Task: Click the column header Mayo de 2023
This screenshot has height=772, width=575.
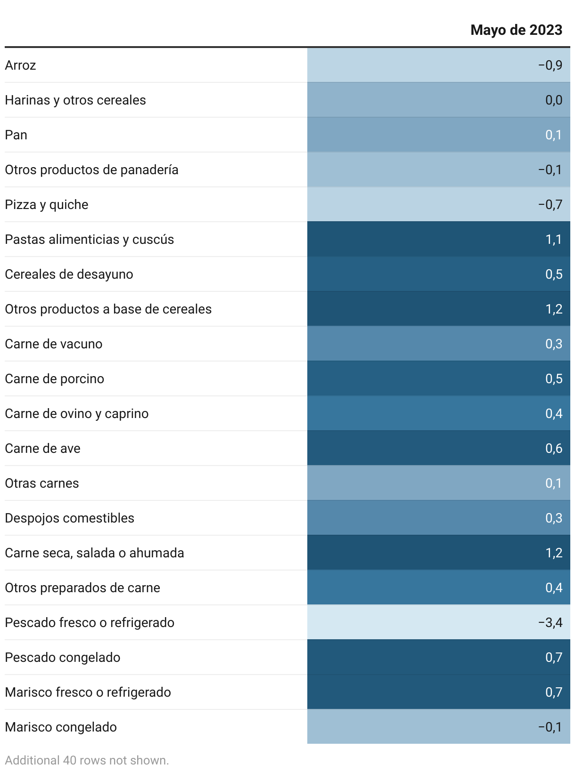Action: pyautogui.click(x=516, y=30)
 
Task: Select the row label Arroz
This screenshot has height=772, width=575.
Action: pyautogui.click(x=21, y=65)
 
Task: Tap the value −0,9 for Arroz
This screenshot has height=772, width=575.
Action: pyautogui.click(x=550, y=65)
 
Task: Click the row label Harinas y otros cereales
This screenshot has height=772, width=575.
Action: pyautogui.click(x=75, y=100)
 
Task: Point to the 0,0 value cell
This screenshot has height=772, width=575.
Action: pyautogui.click(x=554, y=100)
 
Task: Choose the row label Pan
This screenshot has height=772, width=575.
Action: pyautogui.click(x=16, y=135)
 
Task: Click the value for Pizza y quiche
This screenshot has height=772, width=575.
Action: pyautogui.click(x=550, y=204)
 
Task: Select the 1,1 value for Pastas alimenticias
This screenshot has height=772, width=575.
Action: pyautogui.click(x=554, y=239)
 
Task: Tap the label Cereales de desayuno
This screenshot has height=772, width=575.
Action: pyautogui.click(x=69, y=274)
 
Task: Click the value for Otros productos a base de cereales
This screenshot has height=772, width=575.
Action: pyautogui.click(x=554, y=309)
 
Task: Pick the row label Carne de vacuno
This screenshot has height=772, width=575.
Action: pyautogui.click(x=54, y=344)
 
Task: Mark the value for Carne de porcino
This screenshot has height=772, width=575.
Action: pyautogui.click(x=554, y=378)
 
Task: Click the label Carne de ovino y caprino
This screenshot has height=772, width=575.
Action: pyautogui.click(x=77, y=413)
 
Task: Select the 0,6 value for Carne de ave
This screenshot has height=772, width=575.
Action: pyautogui.click(x=554, y=448)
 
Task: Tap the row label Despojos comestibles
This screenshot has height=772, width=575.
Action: pyautogui.click(x=70, y=518)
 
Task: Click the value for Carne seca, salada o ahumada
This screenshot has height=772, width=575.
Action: pyautogui.click(x=554, y=553)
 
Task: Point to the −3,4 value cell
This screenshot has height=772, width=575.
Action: pyautogui.click(x=550, y=622)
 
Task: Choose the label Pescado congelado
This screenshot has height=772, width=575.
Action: pyautogui.click(x=63, y=657)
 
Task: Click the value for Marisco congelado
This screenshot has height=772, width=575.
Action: pyautogui.click(x=550, y=727)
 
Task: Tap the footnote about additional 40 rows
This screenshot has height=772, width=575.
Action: pyautogui.click(x=87, y=760)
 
